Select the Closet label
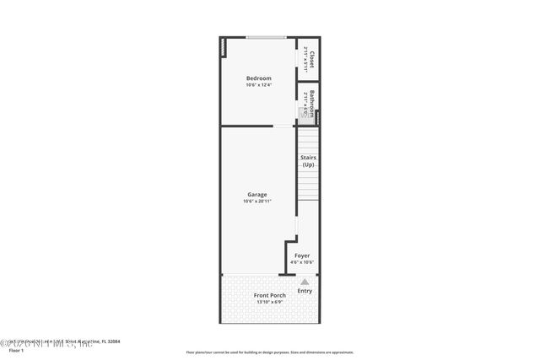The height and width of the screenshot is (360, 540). tap(311, 61)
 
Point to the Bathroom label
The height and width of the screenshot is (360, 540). tap(311, 102)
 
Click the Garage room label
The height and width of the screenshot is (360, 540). tap(257, 195)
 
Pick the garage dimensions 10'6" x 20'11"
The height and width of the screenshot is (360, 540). tap(257, 201)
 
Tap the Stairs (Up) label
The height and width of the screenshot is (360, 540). tap(308, 160)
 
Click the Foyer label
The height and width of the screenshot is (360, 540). tap(302, 255)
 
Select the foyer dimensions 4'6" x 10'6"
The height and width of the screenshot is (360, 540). tap(302, 262)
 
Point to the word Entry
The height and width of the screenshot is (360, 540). tap(305, 292)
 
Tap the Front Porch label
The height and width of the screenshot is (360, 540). tap(270, 295)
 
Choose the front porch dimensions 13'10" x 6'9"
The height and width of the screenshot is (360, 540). tap(270, 302)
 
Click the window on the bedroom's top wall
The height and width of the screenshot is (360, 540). tap(264, 37)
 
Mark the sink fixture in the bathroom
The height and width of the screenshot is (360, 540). tap(301, 110)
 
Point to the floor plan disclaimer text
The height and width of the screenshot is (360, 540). tap(270, 352)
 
